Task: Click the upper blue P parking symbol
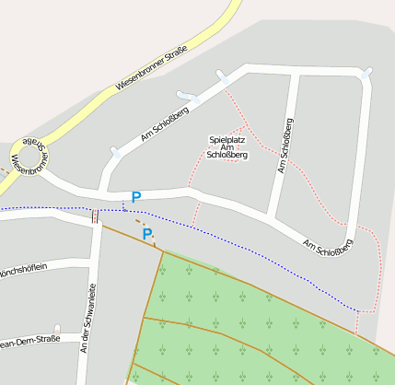click(x=136, y=196)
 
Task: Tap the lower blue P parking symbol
click(x=147, y=235)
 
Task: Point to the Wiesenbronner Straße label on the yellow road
click(x=152, y=67)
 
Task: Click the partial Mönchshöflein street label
click(x=22, y=273)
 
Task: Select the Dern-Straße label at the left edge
click(x=29, y=343)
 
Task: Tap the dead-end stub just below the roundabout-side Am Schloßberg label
click(x=116, y=152)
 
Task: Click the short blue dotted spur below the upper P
click(x=124, y=204)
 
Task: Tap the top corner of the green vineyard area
click(x=163, y=251)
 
